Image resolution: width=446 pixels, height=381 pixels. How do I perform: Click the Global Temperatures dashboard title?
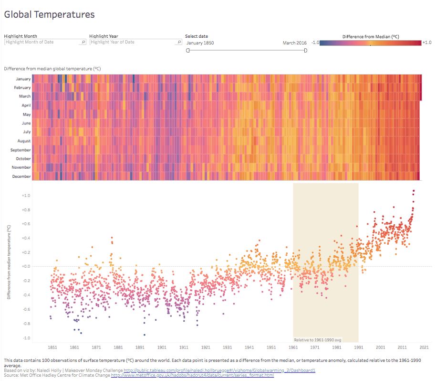click(49, 14)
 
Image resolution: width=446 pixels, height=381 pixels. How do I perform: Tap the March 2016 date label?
click(294, 43)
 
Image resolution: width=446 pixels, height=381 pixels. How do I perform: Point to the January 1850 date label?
click(200, 43)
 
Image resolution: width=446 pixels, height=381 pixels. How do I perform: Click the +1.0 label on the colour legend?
click(427, 43)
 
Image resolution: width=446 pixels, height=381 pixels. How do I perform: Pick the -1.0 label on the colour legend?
click(315, 43)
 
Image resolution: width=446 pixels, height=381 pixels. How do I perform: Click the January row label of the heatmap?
click(23, 79)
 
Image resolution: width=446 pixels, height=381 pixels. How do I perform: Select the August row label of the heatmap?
click(23, 141)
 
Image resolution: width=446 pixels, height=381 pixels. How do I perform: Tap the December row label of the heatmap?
click(22, 176)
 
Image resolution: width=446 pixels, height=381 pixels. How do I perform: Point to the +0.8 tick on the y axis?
click(26, 210)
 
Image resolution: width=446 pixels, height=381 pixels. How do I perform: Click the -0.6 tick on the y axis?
click(26, 309)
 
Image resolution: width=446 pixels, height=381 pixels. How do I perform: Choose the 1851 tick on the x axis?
click(52, 348)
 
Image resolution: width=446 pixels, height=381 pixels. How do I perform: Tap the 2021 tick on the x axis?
click(425, 348)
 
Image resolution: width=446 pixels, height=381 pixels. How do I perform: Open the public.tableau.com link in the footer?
click(219, 370)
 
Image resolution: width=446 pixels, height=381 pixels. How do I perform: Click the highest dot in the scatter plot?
click(414, 191)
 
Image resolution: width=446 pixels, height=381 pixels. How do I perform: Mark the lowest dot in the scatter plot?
click(144, 335)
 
